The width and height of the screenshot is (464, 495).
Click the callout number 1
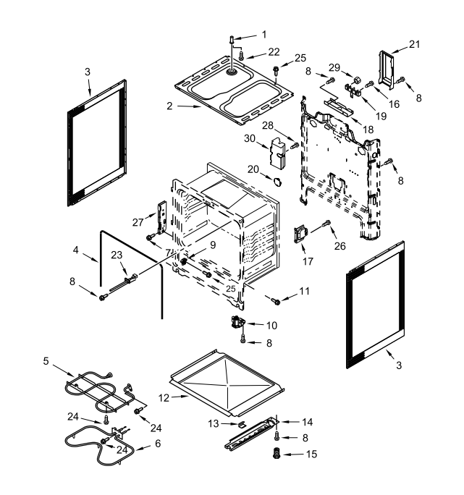point(264,33)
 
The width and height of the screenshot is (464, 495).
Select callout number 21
point(414,44)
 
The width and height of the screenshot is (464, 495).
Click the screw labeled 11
point(276,300)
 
